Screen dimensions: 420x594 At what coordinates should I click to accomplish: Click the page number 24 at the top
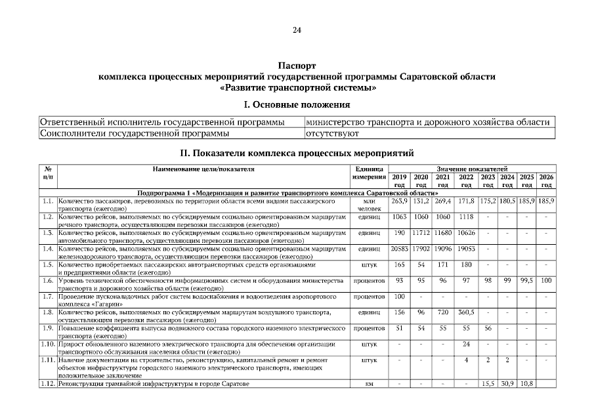click(x=297, y=30)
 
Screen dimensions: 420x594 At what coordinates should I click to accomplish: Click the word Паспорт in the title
click(x=297, y=66)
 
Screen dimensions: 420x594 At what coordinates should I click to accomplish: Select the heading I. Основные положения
click(x=297, y=104)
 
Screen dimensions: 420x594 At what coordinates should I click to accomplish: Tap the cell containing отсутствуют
click(x=332, y=134)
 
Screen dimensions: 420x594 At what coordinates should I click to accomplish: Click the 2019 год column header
click(x=399, y=180)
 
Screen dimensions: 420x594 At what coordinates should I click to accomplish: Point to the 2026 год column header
click(x=546, y=180)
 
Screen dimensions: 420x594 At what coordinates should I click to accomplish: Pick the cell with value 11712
click(x=421, y=234)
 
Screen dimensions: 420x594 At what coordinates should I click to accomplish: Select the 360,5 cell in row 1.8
click(x=466, y=312)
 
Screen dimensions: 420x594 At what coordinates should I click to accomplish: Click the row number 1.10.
click(x=47, y=344)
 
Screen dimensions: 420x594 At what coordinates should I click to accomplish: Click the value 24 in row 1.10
click(x=466, y=344)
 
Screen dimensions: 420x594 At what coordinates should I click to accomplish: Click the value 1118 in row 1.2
click(x=466, y=217)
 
